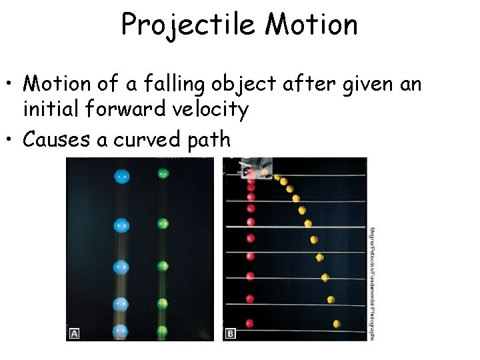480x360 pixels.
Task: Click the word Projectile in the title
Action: (x=189, y=25)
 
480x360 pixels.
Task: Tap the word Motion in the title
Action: (x=311, y=25)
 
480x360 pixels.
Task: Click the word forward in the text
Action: (x=123, y=108)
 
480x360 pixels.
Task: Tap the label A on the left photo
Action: (x=74, y=333)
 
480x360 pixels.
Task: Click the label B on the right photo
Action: (x=231, y=333)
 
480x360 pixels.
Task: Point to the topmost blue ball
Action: (x=121, y=177)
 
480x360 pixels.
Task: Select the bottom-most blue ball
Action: (x=121, y=330)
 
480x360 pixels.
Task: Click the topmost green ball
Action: (x=163, y=174)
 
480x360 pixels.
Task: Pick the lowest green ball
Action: (x=163, y=329)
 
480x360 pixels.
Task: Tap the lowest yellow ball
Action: (x=337, y=324)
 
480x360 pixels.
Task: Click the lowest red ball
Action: (x=250, y=323)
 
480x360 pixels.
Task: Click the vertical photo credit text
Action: (x=372, y=283)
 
